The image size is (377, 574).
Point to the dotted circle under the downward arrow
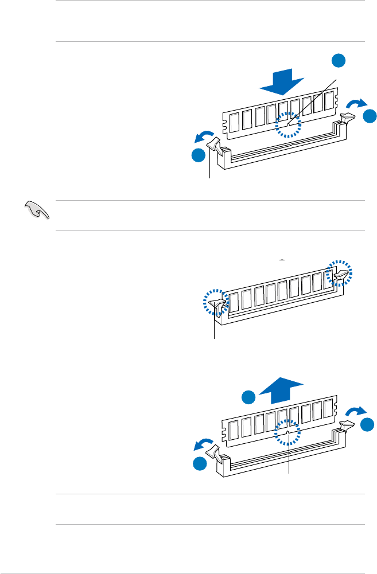click(x=287, y=124)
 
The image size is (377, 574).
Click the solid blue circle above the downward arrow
click(x=340, y=61)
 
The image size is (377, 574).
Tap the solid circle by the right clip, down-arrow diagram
click(x=371, y=115)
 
